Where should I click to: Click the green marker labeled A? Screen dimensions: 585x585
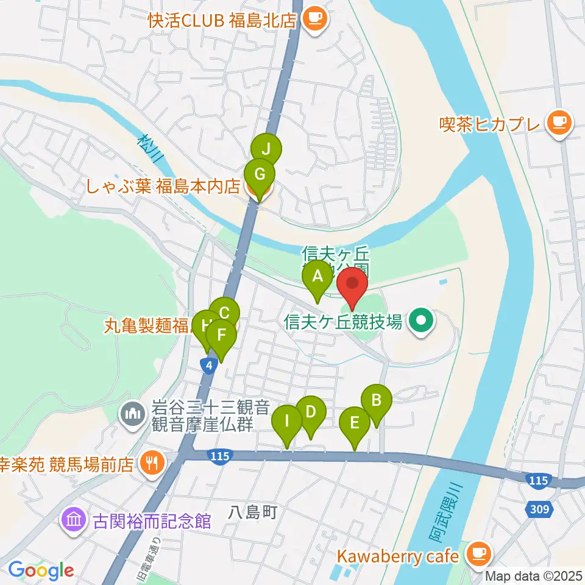tap(317, 277)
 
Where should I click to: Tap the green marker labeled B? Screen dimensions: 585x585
tap(377, 400)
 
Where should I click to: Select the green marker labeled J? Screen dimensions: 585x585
tap(266, 149)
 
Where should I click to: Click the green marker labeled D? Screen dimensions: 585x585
tap(310, 412)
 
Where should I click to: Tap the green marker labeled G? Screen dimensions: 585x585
tap(260, 175)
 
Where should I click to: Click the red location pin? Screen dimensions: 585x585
tap(352, 285)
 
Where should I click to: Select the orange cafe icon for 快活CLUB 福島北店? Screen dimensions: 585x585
tap(315, 19)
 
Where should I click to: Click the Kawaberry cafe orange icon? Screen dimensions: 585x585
tap(476, 554)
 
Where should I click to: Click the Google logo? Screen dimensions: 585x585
tap(41, 570)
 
